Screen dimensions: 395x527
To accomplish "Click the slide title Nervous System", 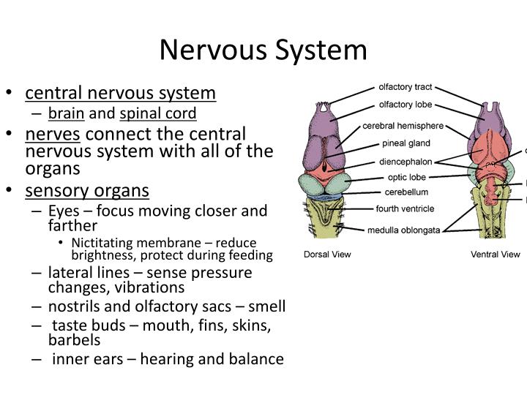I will [x=263, y=50].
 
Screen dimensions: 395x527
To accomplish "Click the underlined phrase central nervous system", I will [x=121, y=93].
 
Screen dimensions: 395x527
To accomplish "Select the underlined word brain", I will [x=67, y=113].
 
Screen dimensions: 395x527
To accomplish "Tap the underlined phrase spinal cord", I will [x=158, y=113].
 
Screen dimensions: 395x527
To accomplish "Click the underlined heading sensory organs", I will [x=87, y=191].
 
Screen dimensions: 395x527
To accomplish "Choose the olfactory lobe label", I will [x=405, y=105].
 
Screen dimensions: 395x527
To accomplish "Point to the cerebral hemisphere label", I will [x=403, y=125].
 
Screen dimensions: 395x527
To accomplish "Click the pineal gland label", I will [x=405, y=143].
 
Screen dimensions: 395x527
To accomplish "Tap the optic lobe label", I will [x=406, y=177].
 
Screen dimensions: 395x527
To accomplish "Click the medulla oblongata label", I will [x=405, y=230].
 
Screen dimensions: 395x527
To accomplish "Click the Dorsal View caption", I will [x=329, y=255].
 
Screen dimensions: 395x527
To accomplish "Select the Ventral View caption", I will [x=495, y=255].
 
